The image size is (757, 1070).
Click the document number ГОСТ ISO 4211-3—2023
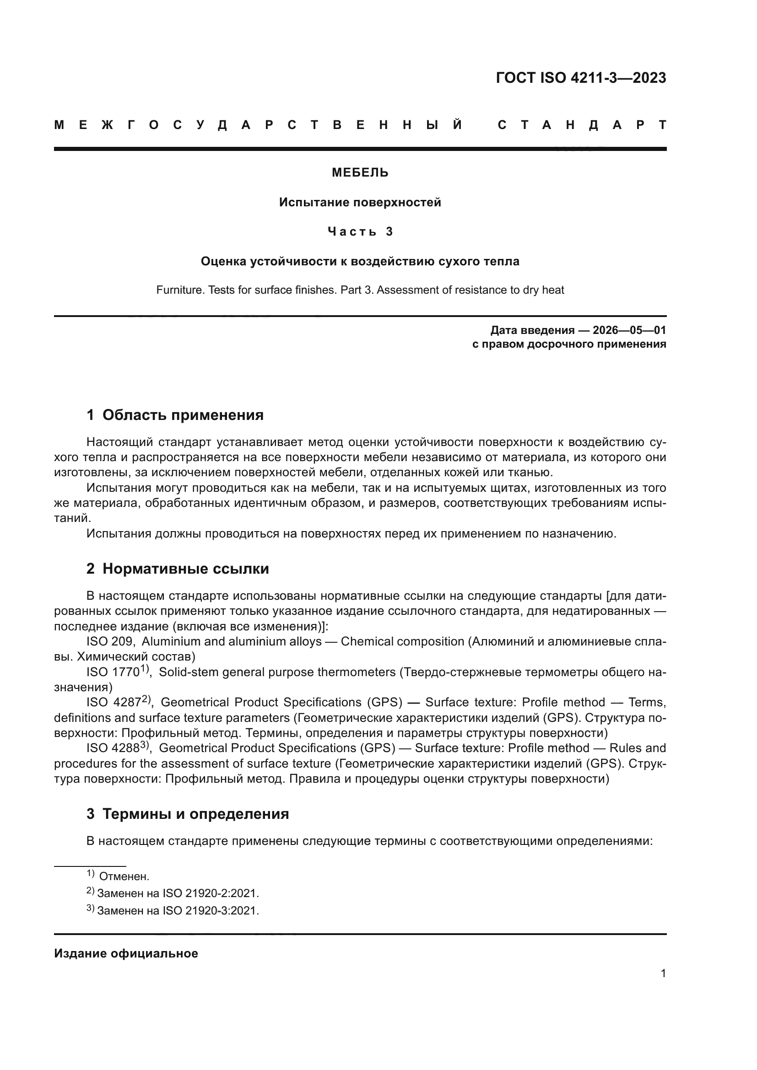pos(581,78)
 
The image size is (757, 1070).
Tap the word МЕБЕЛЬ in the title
pos(360,173)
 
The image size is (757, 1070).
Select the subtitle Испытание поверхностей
pos(360,202)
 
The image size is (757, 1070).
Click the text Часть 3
pos(360,231)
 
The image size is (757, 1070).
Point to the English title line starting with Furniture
pos(360,290)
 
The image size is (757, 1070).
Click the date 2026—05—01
pos(629,330)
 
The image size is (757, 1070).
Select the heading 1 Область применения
pos(175,415)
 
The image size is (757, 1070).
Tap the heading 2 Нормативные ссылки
pos(178,569)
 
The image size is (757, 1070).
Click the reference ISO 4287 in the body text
pos(115,702)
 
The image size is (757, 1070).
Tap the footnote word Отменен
pos(124,876)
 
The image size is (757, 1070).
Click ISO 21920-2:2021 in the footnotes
pos(210,893)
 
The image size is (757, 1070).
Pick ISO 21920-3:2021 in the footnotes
pos(210,910)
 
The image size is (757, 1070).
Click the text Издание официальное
pos(126,953)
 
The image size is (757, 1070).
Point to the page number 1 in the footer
pos(663,973)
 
